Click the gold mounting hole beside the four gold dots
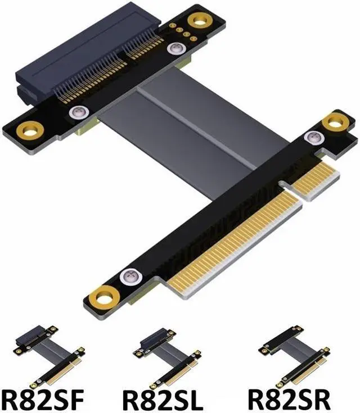(197, 21)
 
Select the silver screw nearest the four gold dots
(174, 49)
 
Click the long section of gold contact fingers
(236, 242)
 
